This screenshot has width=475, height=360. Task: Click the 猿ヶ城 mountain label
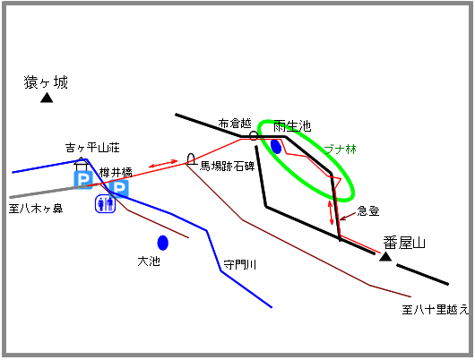click(x=46, y=82)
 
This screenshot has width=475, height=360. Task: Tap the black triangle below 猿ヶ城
click(x=47, y=98)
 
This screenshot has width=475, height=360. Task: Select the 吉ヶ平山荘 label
click(x=92, y=148)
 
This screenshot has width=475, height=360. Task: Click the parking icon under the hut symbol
click(x=83, y=180)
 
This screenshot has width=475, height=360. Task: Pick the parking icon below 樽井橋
click(x=119, y=188)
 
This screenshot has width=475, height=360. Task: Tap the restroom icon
click(x=105, y=204)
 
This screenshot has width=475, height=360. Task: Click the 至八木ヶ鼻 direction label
click(x=36, y=209)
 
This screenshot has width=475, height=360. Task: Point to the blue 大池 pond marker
click(x=163, y=243)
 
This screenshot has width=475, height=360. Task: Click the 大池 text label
click(x=149, y=261)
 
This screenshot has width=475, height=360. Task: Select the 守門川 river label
click(x=240, y=265)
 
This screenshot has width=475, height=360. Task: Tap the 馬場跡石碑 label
click(x=228, y=166)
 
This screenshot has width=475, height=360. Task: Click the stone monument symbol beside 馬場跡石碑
click(x=191, y=159)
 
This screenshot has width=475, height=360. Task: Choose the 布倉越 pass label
click(x=235, y=124)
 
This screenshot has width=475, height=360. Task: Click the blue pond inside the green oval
click(x=276, y=147)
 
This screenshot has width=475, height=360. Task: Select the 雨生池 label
click(x=292, y=125)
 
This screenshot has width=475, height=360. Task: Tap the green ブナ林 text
click(x=341, y=150)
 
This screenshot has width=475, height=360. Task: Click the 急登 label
click(x=368, y=210)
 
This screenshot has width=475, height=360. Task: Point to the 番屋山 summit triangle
click(x=385, y=256)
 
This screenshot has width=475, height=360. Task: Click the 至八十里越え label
click(x=435, y=310)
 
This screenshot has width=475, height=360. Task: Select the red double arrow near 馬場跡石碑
click(x=163, y=164)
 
